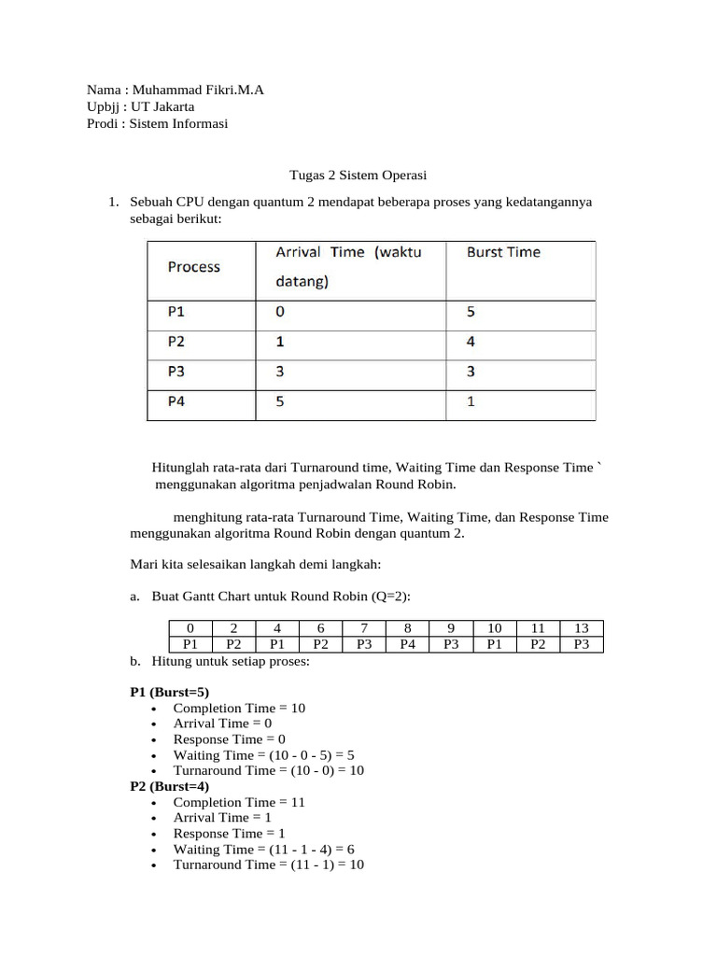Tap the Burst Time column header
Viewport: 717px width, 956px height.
(x=503, y=252)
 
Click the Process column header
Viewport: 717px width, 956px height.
(x=194, y=267)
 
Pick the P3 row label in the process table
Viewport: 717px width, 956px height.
(x=176, y=372)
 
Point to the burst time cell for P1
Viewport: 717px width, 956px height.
(x=471, y=312)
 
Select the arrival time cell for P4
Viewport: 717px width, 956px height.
(x=281, y=402)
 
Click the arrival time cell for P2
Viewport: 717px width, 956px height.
(x=281, y=342)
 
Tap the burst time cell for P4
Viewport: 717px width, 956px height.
(x=471, y=402)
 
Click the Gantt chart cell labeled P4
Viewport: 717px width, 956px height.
(x=407, y=644)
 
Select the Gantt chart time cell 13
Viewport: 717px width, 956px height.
(x=581, y=628)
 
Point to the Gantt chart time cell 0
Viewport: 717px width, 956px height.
(x=190, y=628)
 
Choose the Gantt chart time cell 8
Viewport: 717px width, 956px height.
(x=407, y=628)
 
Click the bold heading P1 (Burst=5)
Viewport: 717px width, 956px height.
(x=170, y=693)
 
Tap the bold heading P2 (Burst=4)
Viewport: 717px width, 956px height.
(x=170, y=787)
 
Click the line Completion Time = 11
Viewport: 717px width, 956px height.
(x=239, y=802)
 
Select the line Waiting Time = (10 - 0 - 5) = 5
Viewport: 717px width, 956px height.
(x=263, y=754)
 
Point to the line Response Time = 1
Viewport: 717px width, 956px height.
(x=229, y=834)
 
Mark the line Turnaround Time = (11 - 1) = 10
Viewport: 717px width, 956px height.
(x=268, y=865)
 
